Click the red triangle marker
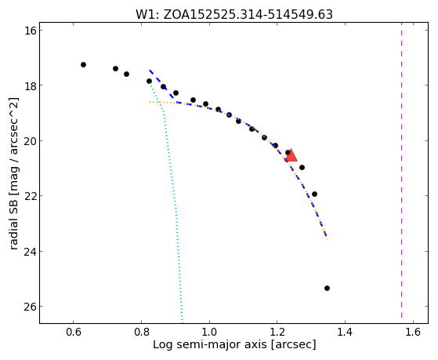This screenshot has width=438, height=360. pyautogui.click(x=291, y=156)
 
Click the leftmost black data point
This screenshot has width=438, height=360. pyautogui.click(x=83, y=64)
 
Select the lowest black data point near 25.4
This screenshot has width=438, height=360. pyautogui.click(x=327, y=288)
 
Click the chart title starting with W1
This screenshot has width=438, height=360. pyautogui.click(x=234, y=15)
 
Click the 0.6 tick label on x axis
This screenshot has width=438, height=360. pyautogui.click(x=73, y=332)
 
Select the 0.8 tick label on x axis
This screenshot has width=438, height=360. pyautogui.click(x=141, y=332)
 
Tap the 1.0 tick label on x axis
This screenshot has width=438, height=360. pyautogui.click(x=209, y=332)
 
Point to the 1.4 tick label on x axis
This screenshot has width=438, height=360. pyautogui.click(x=345, y=332)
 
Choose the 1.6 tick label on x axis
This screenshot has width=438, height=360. pyautogui.click(x=413, y=332)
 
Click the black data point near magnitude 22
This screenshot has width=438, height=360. pyautogui.click(x=314, y=194)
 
